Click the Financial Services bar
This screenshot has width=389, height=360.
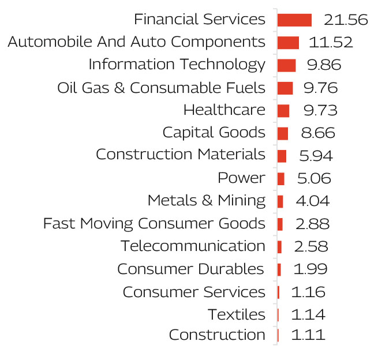point(294,20)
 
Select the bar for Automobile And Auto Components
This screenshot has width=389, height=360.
point(288,43)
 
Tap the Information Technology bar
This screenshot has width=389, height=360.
point(286,65)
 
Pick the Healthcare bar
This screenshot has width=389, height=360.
point(283,110)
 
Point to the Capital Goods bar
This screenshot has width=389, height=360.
point(283,133)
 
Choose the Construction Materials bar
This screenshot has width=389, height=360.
point(282,156)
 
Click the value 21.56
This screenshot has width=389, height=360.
point(346,20)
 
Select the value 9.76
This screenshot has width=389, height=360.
point(320,88)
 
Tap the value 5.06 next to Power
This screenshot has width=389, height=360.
point(314,178)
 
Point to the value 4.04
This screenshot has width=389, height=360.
point(312,201)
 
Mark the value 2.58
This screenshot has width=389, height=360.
point(311,246)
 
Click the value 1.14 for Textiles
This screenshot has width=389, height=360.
point(308,314)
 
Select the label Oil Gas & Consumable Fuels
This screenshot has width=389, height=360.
point(161,88)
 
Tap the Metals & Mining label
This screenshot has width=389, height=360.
point(206,201)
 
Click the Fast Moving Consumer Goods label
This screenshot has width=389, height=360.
point(154,223)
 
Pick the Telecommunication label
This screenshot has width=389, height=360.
point(193,246)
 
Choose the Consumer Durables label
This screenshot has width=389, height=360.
point(190,269)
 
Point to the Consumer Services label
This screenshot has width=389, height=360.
point(194,292)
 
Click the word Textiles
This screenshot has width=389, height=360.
point(237,314)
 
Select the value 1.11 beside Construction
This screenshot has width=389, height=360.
point(308,335)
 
